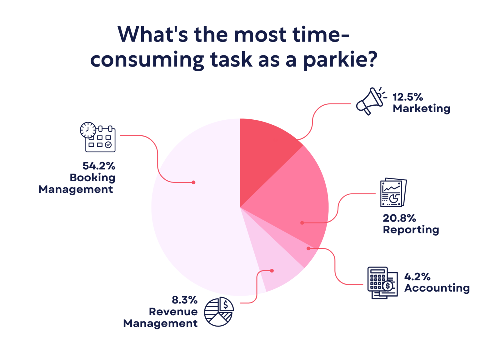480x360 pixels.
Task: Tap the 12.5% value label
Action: point(407,97)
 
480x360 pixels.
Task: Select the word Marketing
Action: point(421,108)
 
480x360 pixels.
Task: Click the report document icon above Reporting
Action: point(393,192)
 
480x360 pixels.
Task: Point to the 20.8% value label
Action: point(399,218)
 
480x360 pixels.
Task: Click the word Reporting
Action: point(411,230)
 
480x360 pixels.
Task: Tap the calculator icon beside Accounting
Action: point(382,282)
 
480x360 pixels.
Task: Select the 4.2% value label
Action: point(417,277)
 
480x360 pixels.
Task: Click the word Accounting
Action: point(437,288)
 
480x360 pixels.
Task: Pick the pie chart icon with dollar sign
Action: point(219,312)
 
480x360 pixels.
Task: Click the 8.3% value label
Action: point(184,300)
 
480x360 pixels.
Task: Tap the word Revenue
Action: point(173,312)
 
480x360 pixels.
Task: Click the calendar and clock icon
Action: point(97,137)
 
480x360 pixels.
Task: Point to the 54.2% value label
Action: point(99,166)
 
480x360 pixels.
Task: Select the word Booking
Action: point(92,177)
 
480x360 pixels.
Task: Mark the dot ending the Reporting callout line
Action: point(302,223)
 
